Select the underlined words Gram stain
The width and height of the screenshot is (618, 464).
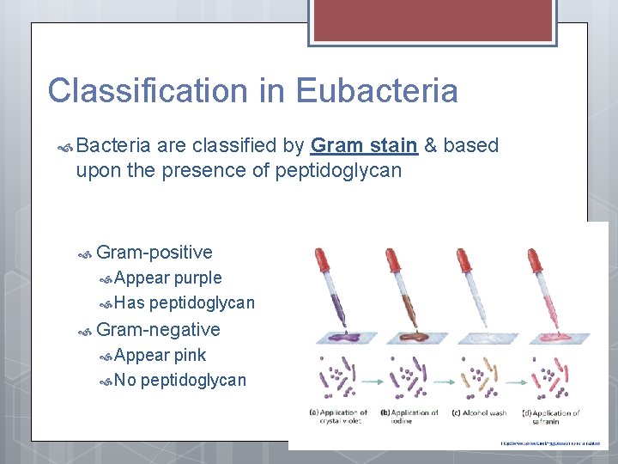click(364, 145)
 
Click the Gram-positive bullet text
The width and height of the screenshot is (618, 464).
click(154, 252)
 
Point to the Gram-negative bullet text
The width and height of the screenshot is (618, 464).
click(158, 329)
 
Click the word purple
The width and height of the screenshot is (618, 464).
click(197, 278)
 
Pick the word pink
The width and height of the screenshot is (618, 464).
click(190, 355)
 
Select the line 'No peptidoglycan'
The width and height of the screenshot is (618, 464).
click(180, 380)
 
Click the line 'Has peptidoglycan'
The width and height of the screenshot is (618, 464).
click(185, 302)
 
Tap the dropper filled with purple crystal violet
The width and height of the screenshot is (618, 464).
click(335, 288)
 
